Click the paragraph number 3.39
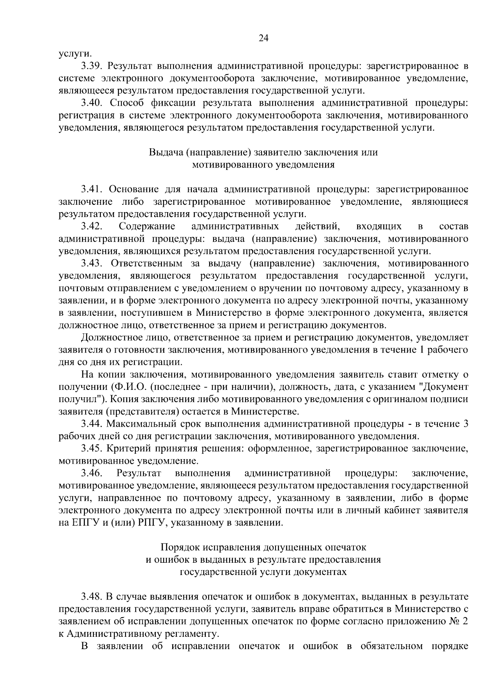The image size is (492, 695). pyautogui.click(x=91, y=66)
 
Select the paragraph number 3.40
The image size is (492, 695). pyautogui.click(x=91, y=103)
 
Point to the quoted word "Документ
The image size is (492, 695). pyautogui.click(x=446, y=387)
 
